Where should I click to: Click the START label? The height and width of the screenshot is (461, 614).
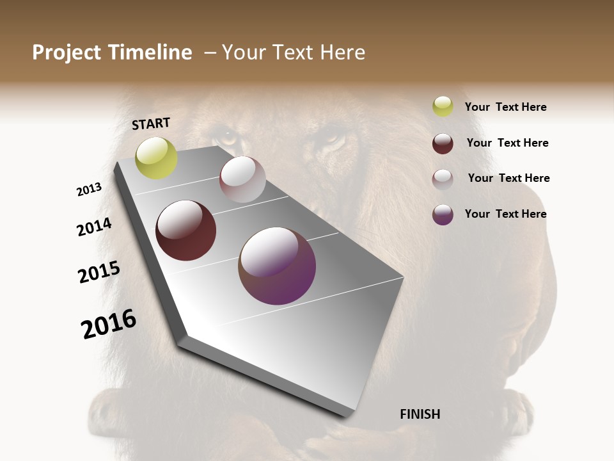click(151, 124)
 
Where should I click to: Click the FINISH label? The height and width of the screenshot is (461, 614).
click(420, 414)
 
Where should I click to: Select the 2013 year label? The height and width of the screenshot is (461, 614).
click(89, 190)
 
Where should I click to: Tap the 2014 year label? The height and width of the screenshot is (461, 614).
click(94, 227)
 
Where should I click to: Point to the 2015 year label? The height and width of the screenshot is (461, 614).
click(99, 272)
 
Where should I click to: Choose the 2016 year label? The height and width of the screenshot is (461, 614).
click(109, 324)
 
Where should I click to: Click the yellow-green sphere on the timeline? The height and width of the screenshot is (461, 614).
click(157, 158)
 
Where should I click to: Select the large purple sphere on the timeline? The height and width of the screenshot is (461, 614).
click(277, 266)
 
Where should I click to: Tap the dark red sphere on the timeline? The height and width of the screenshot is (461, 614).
click(186, 230)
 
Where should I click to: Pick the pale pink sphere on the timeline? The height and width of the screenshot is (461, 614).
click(242, 179)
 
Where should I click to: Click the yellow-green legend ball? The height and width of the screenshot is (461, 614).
click(443, 106)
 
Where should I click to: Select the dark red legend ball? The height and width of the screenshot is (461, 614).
click(443, 143)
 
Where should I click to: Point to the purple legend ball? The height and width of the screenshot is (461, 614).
click(443, 214)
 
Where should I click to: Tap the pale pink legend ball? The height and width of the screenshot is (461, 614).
click(443, 179)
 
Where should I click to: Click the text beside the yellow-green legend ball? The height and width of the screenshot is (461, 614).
click(505, 108)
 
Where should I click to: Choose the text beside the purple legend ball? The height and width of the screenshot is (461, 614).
click(505, 214)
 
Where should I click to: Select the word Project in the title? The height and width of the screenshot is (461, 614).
click(67, 53)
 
